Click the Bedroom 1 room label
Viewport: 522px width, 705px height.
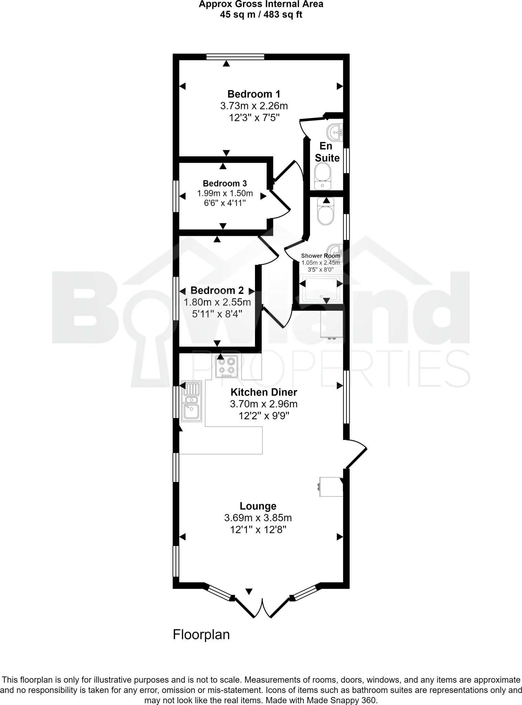point(254,94)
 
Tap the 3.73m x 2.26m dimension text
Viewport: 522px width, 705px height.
point(254,106)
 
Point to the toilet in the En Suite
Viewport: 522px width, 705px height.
point(322,176)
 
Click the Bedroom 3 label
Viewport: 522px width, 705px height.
point(225,183)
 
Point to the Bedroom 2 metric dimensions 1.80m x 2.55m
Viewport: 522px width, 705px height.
point(217,303)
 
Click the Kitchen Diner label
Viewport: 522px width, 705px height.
point(264,392)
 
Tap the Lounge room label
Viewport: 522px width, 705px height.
point(258,506)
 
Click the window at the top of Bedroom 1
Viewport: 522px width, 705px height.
point(235,57)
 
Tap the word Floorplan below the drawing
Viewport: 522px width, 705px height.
point(201,634)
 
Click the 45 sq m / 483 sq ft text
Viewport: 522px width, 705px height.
point(261,14)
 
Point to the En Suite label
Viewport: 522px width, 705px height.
point(327,152)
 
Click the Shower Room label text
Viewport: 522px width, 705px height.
point(320,256)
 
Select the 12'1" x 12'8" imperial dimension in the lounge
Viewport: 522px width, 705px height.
point(258,529)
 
